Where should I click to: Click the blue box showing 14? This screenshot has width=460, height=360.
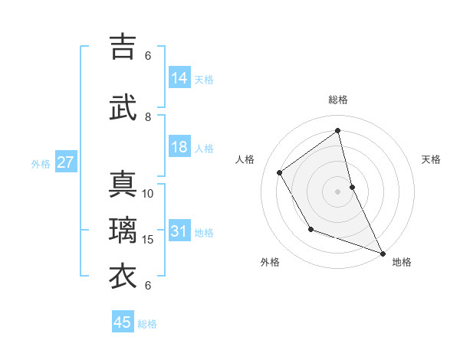[179, 78]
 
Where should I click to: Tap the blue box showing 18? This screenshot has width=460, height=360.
[179, 147]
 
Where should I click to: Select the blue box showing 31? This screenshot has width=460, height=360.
[179, 231]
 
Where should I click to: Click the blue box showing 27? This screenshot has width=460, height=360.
[66, 162]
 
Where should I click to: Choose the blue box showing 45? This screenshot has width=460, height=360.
[123, 322]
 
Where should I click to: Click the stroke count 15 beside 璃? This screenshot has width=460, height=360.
[148, 240]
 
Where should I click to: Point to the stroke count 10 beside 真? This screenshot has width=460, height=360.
[148, 193]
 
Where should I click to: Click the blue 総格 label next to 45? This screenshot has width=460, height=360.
[147, 324]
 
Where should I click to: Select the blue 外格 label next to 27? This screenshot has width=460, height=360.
[41, 163]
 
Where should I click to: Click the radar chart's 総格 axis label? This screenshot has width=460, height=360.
[338, 100]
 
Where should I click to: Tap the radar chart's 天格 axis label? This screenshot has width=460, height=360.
[431, 159]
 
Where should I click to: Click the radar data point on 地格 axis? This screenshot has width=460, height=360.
[383, 254]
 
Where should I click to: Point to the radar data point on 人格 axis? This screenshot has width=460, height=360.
[280, 172]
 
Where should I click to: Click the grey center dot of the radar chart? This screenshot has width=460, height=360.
[338, 191]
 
